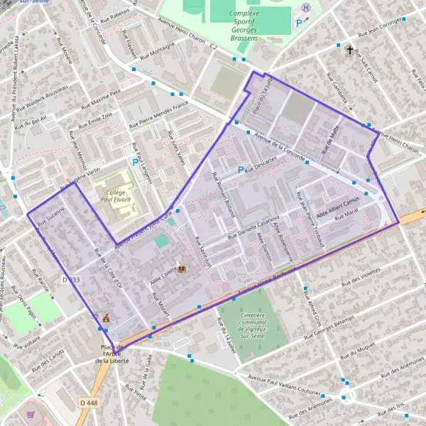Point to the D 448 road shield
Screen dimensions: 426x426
88,403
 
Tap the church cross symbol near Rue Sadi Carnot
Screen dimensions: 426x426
349,50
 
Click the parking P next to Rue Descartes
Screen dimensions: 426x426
241,170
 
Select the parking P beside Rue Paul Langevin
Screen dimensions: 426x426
135,163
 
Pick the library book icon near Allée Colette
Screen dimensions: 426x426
182,269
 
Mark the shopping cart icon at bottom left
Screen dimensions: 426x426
31,415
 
